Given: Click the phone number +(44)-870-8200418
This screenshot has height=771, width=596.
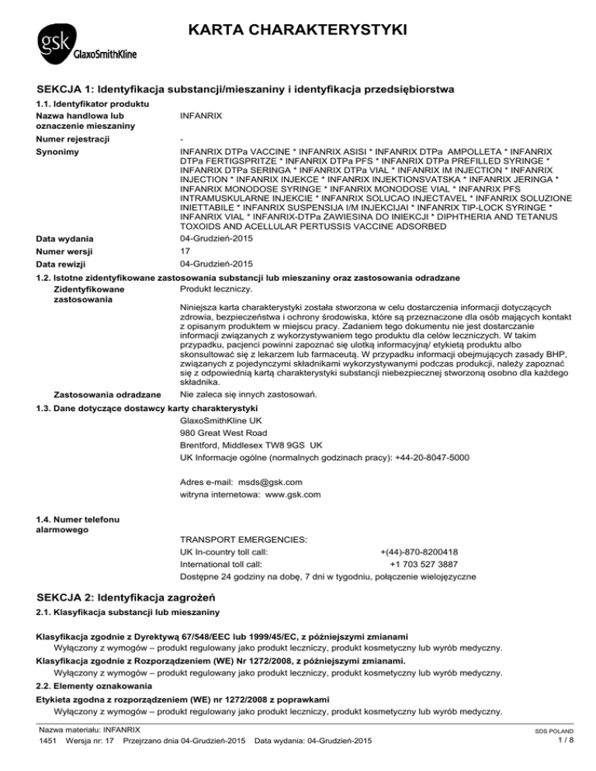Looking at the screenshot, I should (x=418, y=552).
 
